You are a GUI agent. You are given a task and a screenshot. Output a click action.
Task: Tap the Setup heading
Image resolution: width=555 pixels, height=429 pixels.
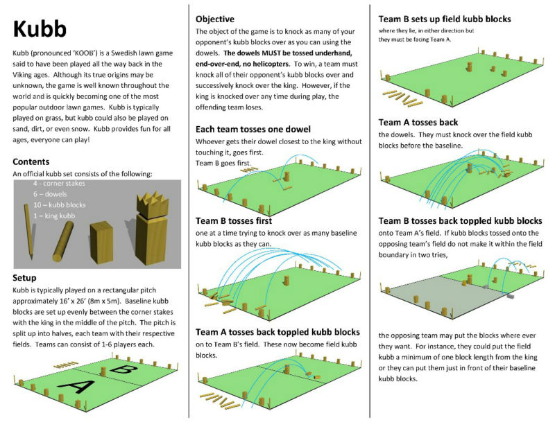click(x=26, y=278)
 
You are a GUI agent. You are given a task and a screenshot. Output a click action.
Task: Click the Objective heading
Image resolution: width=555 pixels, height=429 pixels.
click(x=215, y=19)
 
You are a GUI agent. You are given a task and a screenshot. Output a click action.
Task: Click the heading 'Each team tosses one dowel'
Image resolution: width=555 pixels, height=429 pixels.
click(x=253, y=129)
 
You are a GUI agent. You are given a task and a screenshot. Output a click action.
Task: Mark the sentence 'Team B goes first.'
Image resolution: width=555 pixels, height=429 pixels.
click(x=224, y=164)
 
